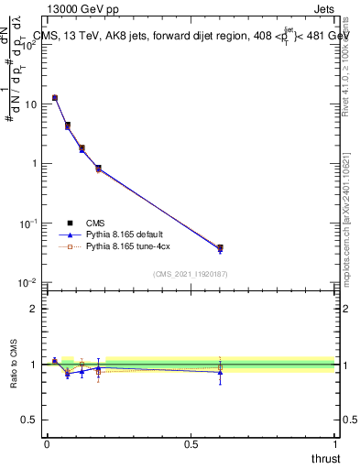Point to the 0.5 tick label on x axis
pyautogui.click(x=191, y=443)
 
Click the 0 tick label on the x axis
pyautogui.click(x=47, y=443)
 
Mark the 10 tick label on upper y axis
pyautogui.click(x=29, y=104)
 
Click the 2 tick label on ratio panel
pyautogui.click(x=33, y=309)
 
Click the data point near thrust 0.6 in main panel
pyautogui.click(x=220, y=248)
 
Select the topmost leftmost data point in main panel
pyautogui.click(x=55, y=97)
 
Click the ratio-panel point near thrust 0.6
pyautogui.click(x=220, y=371)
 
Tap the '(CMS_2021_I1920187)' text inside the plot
pyautogui.click(x=190, y=272)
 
